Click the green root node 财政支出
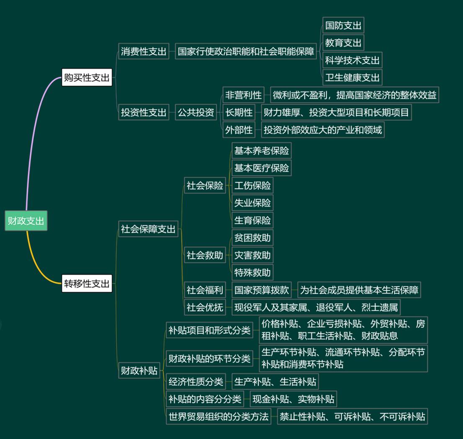pos(26,221)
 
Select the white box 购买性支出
pos(87,77)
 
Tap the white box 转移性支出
pos(87,284)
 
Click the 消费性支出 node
pos(144,52)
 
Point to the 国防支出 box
pos(343,26)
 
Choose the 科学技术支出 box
pos(352,60)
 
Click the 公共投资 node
pos(195,112)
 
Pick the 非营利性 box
pos(243,95)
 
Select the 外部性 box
pos(239,130)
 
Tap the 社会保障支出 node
pos(148,229)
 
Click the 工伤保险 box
pos(252,185)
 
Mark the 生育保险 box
pos(252,220)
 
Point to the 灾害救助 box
pos(252,255)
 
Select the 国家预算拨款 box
pos(262,290)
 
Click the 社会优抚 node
pos(205,308)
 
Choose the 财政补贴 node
pos(139,370)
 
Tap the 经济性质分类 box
pos(195,381)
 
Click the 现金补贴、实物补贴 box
pos(293,399)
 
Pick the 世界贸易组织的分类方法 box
pos(218,416)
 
